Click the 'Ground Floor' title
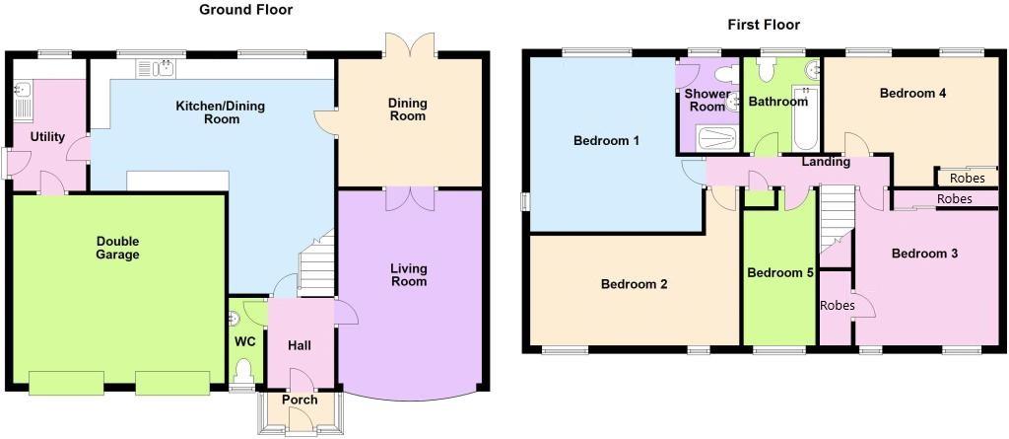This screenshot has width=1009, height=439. (x=245, y=10)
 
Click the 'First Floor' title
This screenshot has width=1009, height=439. (x=763, y=25)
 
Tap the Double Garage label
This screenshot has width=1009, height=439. (x=117, y=248)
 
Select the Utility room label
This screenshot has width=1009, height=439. (x=47, y=137)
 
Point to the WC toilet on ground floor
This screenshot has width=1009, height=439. (x=244, y=371)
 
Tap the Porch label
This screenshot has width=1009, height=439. (x=300, y=400)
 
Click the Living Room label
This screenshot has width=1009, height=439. (x=408, y=274)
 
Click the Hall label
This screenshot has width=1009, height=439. (x=300, y=346)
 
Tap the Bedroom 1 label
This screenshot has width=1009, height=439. (x=606, y=141)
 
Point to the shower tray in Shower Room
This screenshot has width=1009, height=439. (x=716, y=138)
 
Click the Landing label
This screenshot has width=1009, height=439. (x=825, y=162)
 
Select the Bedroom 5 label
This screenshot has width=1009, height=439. (x=777, y=273)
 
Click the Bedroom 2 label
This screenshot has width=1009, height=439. (x=635, y=284)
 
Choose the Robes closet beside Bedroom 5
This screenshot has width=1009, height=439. (x=837, y=306)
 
